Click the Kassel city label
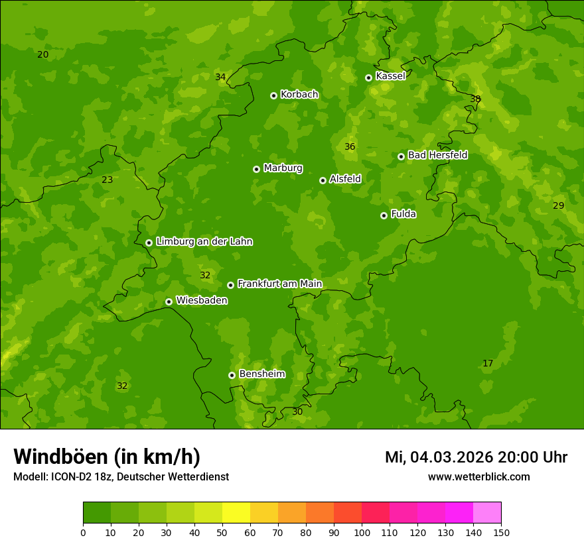390,76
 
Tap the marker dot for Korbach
273,95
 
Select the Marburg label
283,168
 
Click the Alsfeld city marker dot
323,180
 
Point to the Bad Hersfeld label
437,155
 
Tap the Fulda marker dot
384,215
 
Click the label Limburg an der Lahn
204,242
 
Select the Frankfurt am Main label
279,284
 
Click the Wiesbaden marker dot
169,302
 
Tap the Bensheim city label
261,374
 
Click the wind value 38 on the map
475,99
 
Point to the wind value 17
488,363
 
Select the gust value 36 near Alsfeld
350,146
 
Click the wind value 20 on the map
42,54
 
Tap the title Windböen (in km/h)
107,457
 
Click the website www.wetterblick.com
478,476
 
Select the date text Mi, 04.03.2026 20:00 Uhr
476,457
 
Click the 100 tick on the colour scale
362,532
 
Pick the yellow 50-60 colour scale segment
236,512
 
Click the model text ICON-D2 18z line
121,476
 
